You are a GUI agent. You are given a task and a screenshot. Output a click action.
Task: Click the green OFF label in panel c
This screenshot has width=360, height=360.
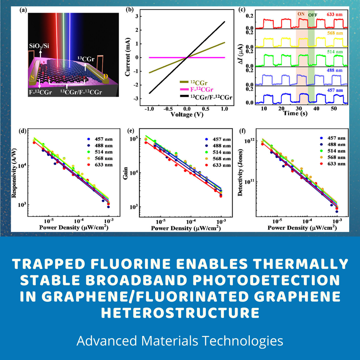(x=312, y=15)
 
